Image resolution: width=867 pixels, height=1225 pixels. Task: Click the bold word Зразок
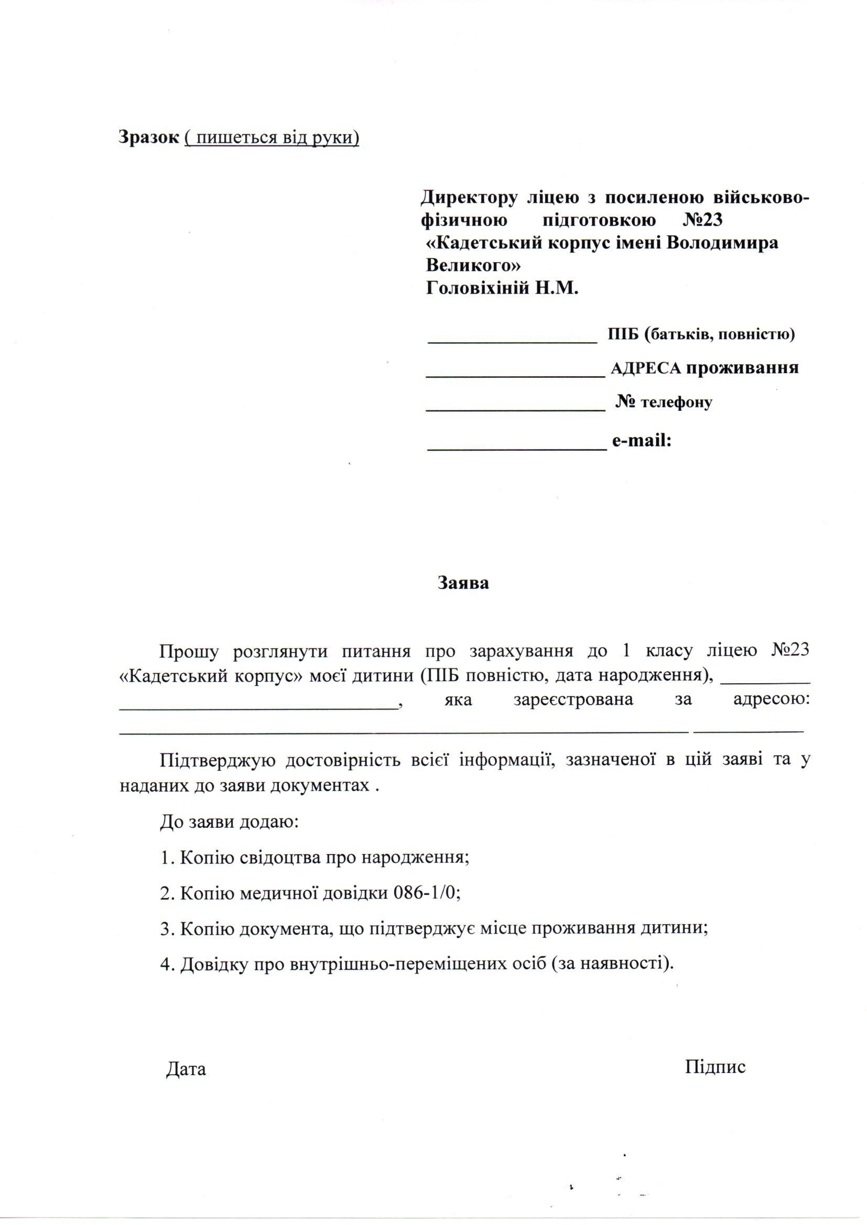click(149, 138)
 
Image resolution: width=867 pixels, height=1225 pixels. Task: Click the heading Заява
click(463, 583)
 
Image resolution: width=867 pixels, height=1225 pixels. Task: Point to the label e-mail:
click(641, 441)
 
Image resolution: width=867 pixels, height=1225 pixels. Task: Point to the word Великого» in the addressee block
click(473, 265)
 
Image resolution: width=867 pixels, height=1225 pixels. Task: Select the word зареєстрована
click(573, 699)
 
